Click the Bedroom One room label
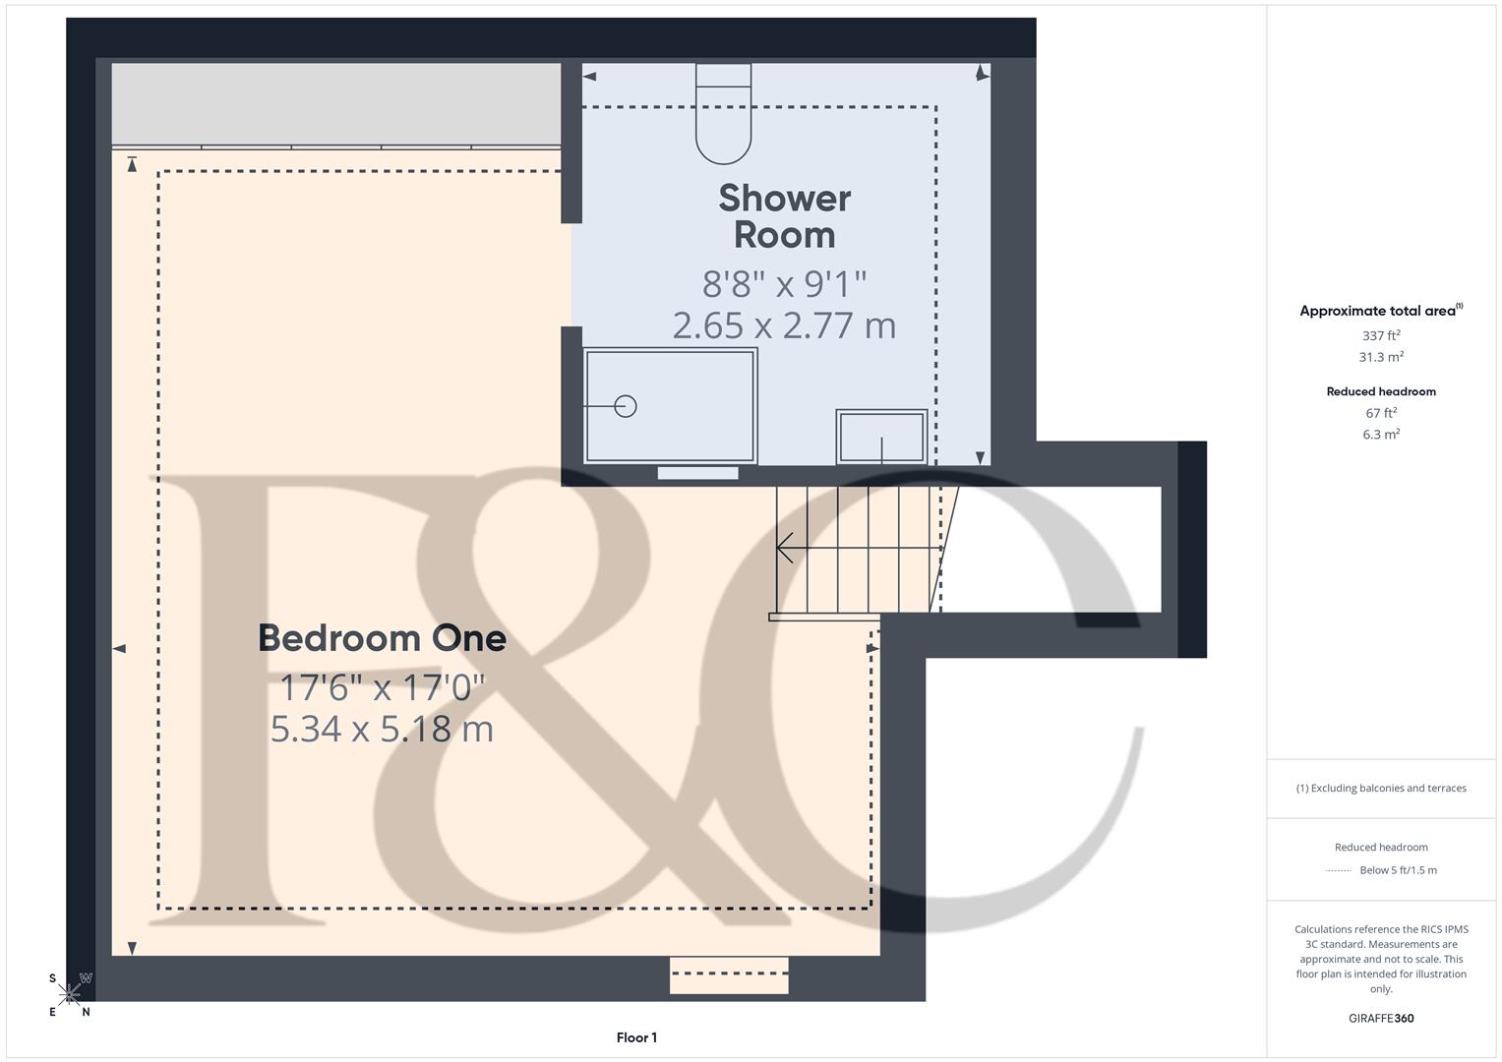click(382, 638)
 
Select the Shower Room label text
click(784, 216)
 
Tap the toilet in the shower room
click(723, 114)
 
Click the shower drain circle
click(626, 405)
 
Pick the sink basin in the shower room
click(881, 437)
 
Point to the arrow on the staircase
click(786, 548)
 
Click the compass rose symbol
click(69, 994)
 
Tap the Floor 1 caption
click(636, 1037)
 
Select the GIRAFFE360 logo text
click(1381, 1018)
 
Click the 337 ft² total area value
click(1381, 335)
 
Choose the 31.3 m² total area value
click(1381, 357)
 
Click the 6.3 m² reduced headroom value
click(1381, 434)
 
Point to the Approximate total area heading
click(1379, 311)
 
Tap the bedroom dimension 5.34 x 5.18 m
click(382, 729)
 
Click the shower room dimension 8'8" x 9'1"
click(784, 284)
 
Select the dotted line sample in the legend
click(1339, 870)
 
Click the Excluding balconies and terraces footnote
click(1381, 788)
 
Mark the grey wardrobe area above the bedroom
click(335, 104)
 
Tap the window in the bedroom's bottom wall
click(729, 974)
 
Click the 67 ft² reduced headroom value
click(1381, 413)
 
